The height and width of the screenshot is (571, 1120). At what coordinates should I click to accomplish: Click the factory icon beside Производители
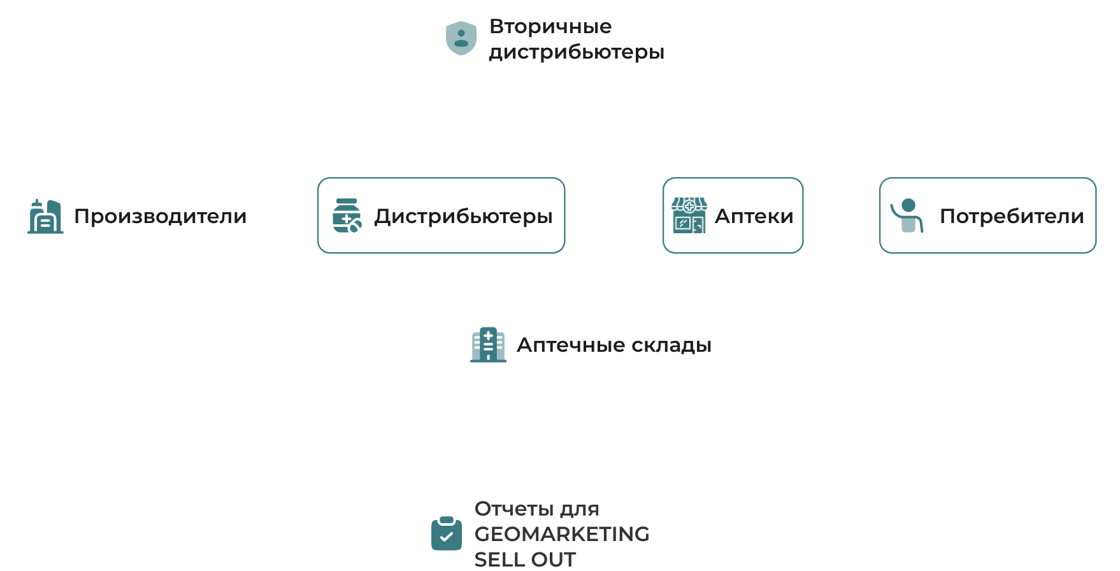(x=46, y=216)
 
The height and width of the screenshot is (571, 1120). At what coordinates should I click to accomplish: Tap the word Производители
(x=160, y=216)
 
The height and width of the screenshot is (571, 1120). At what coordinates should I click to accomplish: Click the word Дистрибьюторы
(x=463, y=216)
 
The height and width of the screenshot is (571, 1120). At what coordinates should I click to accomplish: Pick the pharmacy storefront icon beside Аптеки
(x=689, y=215)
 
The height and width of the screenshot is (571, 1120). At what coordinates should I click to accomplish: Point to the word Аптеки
(x=754, y=216)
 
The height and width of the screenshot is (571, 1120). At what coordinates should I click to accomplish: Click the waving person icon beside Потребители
(x=907, y=215)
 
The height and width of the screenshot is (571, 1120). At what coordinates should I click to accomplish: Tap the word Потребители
(x=1012, y=216)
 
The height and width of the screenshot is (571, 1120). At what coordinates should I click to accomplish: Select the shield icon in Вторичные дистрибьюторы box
(x=461, y=38)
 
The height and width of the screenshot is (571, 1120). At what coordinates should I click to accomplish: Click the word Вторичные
(x=550, y=26)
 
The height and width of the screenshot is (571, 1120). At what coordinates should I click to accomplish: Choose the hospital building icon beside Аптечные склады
(x=488, y=345)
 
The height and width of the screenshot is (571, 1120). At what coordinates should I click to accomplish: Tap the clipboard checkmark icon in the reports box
(x=447, y=533)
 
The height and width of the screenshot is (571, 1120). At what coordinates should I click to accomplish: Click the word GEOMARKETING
(x=562, y=533)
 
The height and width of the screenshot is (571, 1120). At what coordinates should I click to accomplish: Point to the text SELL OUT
(x=525, y=559)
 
